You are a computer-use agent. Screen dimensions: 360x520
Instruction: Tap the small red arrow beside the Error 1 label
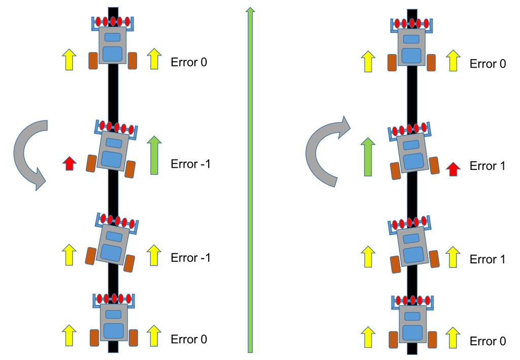coord(452,168)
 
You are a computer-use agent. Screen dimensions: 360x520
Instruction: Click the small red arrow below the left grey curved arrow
coord(69,163)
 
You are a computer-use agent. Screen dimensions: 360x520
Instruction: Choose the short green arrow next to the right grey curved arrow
coord(368,157)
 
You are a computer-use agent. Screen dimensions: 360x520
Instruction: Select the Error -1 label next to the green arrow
coord(190,164)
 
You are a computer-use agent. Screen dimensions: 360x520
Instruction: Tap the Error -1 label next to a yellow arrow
coord(190,258)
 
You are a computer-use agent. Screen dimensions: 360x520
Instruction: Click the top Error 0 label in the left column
coord(189,63)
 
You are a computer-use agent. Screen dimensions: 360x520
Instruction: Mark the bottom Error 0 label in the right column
coord(487,341)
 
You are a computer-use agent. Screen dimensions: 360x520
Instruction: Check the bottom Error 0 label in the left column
coord(189,339)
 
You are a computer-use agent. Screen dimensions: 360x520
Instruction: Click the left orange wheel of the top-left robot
coord(93,61)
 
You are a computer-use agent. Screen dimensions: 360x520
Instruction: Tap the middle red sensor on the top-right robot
coord(412,23)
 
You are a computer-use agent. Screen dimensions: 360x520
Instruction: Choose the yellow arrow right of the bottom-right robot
coord(453,338)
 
